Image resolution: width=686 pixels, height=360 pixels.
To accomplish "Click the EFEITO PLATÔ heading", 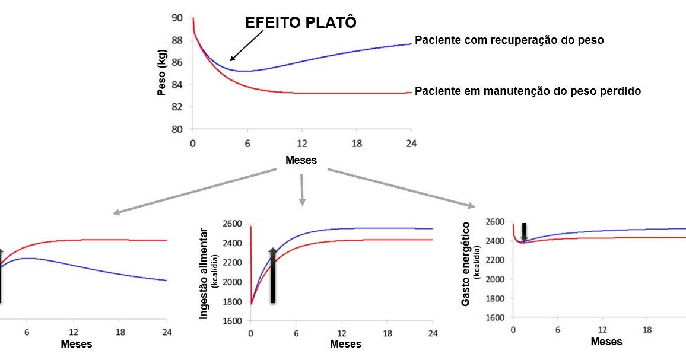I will pyautogui.click(x=301, y=23).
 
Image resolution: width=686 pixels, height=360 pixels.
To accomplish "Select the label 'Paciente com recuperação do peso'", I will pyautogui.click(x=509, y=40).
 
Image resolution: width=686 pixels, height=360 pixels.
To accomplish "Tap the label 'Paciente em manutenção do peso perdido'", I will pyautogui.click(x=528, y=91).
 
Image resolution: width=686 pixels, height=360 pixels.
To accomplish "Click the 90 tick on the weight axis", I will pyautogui.click(x=177, y=18).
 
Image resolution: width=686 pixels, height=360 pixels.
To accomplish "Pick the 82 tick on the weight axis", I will pyautogui.click(x=177, y=107).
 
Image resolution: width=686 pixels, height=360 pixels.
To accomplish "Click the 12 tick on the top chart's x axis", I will pyautogui.click(x=301, y=144).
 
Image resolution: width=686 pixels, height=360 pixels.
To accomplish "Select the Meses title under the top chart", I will pyautogui.click(x=301, y=160).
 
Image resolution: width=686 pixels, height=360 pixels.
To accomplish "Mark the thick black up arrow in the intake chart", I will pyautogui.click(x=272, y=276).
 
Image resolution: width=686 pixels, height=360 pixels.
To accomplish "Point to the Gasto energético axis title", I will pyautogui.click(x=466, y=264).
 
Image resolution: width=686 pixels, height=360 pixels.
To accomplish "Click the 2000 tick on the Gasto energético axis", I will pyautogui.click(x=495, y=279).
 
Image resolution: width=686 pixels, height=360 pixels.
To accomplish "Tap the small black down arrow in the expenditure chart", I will pyautogui.click(x=524, y=232).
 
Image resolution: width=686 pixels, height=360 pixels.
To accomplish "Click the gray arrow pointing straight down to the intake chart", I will pyautogui.click(x=302, y=190).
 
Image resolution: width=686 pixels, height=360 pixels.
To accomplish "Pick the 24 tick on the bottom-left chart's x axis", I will pyautogui.click(x=167, y=332).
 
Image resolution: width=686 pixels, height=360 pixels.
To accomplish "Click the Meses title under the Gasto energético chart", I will pyautogui.click(x=606, y=342).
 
